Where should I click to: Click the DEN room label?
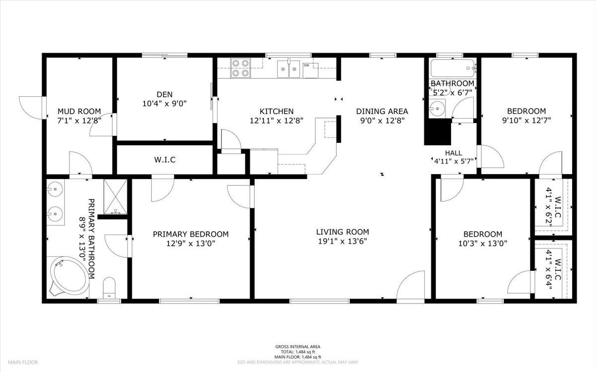pyautogui.click(x=164, y=94)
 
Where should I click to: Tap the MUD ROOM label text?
pyautogui.click(x=79, y=111)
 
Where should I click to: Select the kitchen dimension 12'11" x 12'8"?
pyautogui.click(x=277, y=121)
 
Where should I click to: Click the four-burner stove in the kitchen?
pyautogui.click(x=240, y=68)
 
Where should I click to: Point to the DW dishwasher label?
pyautogui.click(x=306, y=65)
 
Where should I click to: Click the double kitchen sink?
pyautogui.click(x=289, y=69)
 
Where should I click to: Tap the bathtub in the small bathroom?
pyautogui.click(x=452, y=68)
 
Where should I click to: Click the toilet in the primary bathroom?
pyautogui.click(x=109, y=288)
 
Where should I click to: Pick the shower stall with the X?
pyautogui.click(x=115, y=196)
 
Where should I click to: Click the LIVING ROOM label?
pyautogui.click(x=342, y=232)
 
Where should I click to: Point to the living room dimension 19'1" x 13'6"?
pyautogui.click(x=342, y=241)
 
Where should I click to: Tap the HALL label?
pyautogui.click(x=453, y=153)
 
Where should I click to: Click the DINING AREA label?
pyautogui.click(x=382, y=111)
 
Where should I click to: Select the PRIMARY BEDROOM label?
pyautogui.click(x=191, y=234)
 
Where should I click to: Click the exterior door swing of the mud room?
pyautogui.click(x=31, y=108)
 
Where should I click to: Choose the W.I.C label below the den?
pyautogui.click(x=165, y=160)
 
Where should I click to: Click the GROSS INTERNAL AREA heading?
pyautogui.click(x=298, y=347)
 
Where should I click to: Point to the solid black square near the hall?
pyautogui.click(x=438, y=132)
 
